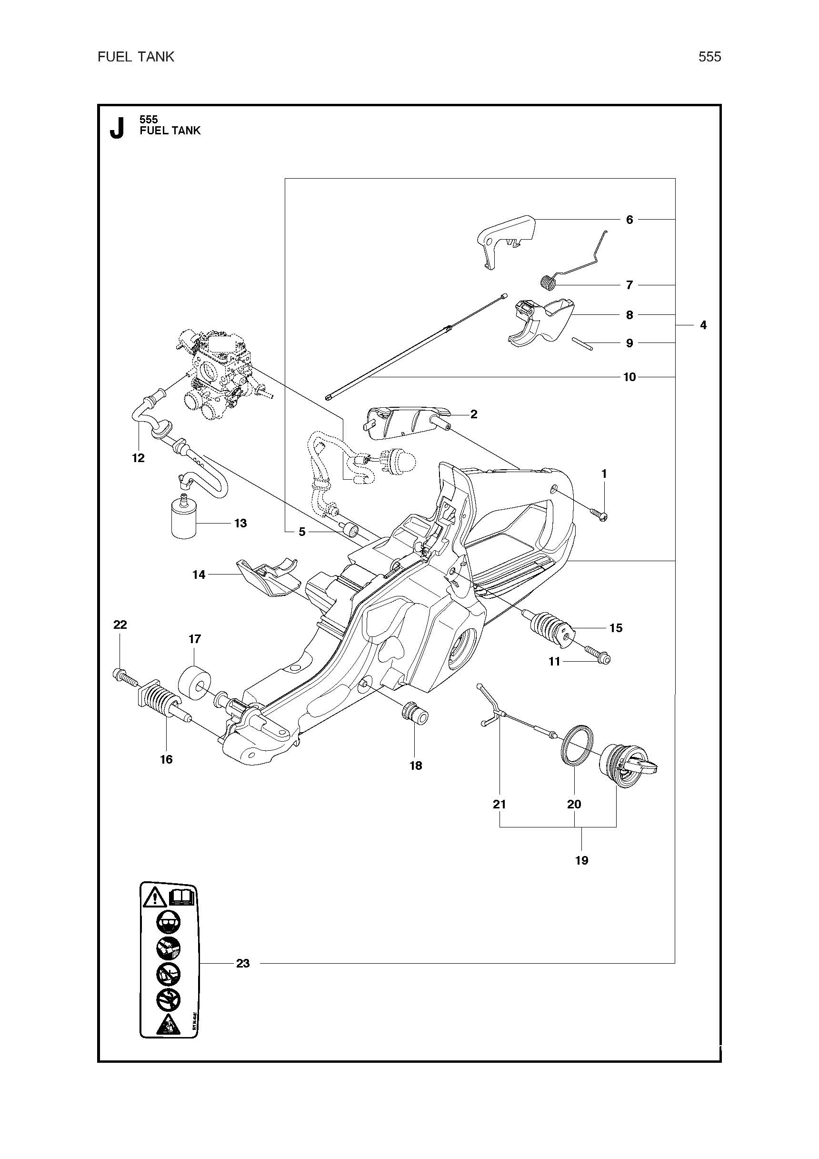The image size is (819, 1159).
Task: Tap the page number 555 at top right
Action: (709, 57)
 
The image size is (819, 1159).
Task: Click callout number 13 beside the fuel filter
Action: (240, 523)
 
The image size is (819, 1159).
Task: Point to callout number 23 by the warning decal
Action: (243, 963)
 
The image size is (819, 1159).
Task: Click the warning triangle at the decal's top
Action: (155, 898)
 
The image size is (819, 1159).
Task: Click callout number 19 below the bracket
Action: (581, 860)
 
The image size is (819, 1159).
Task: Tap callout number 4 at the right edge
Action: (703, 325)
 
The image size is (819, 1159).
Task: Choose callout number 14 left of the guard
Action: (199, 574)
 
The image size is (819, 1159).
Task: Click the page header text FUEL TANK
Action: (136, 57)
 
